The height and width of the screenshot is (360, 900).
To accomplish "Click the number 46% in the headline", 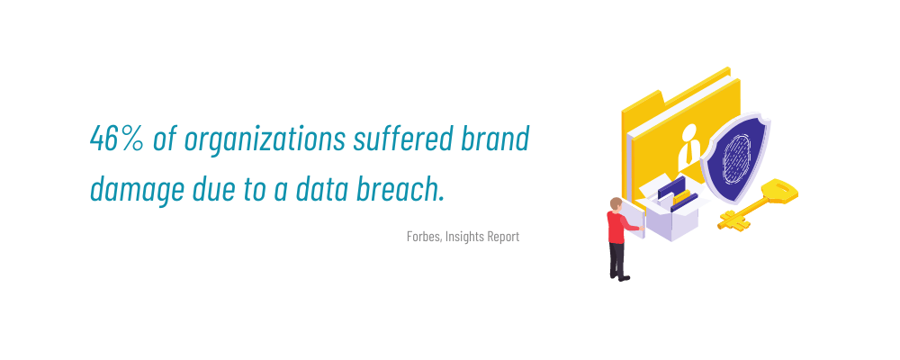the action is (117, 139).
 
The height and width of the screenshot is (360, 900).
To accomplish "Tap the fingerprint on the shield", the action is (736, 157).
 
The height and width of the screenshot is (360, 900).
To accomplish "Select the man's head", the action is (616, 203).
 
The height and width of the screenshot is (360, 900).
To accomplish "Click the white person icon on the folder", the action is (688, 147).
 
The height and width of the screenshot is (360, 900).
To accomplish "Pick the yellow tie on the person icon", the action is (688, 153).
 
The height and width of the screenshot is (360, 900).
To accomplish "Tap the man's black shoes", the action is (620, 278).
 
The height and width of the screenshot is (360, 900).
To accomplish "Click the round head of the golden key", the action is (778, 191).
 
